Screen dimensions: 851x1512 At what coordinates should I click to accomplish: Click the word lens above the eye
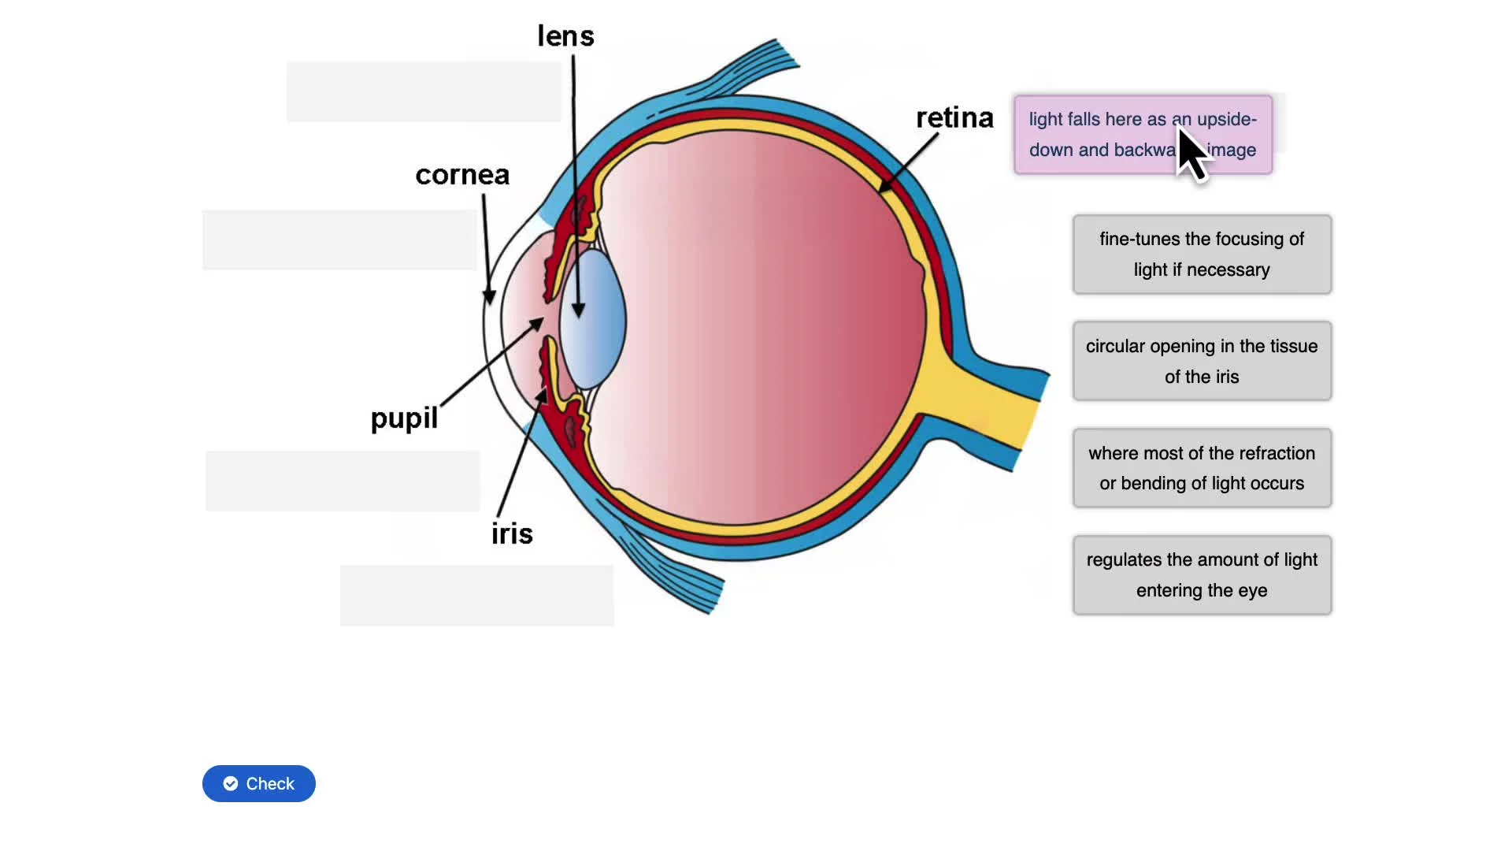[565, 36]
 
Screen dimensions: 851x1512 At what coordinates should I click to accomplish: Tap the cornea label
[462, 175]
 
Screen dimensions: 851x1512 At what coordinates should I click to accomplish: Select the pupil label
[404, 418]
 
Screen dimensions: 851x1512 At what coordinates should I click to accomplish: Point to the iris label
[512, 534]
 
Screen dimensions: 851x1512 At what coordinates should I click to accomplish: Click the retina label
[954, 118]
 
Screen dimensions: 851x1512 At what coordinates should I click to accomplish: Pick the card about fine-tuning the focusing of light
[1202, 255]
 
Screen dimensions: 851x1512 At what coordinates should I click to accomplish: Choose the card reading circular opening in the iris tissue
[1202, 361]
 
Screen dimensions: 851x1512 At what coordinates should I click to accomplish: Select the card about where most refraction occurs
[1202, 468]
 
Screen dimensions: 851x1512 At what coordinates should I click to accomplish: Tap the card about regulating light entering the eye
[1202, 575]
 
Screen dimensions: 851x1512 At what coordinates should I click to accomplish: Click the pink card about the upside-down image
[1102, 135]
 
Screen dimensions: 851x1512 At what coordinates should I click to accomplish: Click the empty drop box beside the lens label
[424, 91]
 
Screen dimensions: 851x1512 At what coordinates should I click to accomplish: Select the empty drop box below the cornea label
[339, 240]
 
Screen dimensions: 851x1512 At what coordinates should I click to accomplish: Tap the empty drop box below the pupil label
[343, 481]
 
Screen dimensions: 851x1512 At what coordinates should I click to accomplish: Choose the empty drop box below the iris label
[476, 595]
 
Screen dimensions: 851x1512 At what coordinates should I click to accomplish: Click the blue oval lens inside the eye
[595, 319]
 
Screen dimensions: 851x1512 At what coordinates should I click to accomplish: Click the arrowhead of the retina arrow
[884, 188]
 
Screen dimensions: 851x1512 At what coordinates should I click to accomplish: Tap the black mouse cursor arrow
[1191, 153]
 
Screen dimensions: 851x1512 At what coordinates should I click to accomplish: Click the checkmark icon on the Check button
[231, 783]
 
